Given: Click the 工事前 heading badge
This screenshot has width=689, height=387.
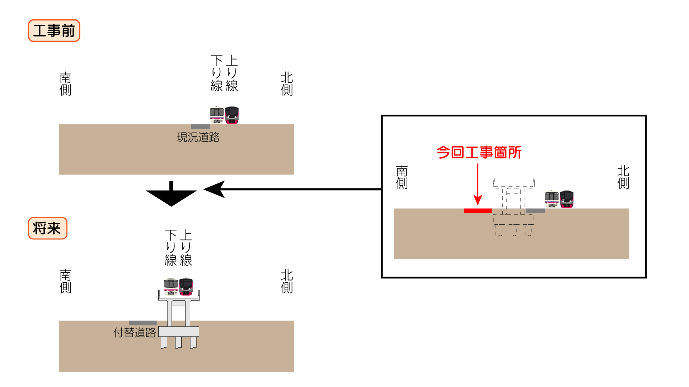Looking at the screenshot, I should tap(54, 31).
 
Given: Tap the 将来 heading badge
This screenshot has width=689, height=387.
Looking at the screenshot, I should tap(47, 228).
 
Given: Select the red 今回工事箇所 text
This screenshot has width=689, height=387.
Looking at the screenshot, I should tap(479, 153).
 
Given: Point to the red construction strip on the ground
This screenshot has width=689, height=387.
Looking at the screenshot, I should tap(477, 211).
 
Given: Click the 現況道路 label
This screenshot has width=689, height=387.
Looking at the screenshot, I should tap(198, 137).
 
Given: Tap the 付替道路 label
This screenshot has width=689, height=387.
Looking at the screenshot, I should tap(135, 333).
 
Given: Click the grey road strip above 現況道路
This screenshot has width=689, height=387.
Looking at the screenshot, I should tap(200, 126).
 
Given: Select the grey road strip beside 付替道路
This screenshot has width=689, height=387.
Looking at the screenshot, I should tap(142, 323).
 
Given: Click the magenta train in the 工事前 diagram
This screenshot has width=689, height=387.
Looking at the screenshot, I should tap(232, 115).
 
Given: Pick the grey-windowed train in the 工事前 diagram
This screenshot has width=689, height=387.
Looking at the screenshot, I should tap(217, 115).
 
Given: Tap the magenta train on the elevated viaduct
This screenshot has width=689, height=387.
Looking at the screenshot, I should tap(186, 286).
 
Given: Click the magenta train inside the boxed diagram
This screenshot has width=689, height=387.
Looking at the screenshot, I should tap(567, 199).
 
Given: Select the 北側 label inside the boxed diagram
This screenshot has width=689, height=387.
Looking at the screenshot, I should tap(623, 177).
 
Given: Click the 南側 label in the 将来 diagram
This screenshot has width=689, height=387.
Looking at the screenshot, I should tap(65, 281).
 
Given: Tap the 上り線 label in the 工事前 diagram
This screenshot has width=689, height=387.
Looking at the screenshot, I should tap(232, 73).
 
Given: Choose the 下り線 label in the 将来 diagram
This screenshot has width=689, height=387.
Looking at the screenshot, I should tap(171, 248).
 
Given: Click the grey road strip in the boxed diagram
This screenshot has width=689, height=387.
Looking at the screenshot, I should tap(535, 211).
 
